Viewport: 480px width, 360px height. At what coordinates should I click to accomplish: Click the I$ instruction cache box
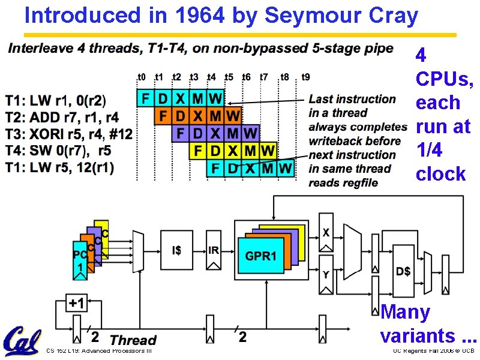[x=176, y=250]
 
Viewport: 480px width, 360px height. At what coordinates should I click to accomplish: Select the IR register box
[x=214, y=250]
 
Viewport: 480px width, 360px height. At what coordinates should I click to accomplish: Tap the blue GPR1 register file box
[x=261, y=256]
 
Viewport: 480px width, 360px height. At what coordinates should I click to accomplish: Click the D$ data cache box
[x=403, y=271]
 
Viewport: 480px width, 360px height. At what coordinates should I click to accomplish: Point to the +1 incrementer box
[x=76, y=304]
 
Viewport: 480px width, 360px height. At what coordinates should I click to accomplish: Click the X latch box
[x=326, y=232]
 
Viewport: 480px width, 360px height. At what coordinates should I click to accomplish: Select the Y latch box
[x=326, y=275]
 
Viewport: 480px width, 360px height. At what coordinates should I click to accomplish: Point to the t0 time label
[x=142, y=77]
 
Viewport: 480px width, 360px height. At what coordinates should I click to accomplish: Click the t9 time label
[x=305, y=77]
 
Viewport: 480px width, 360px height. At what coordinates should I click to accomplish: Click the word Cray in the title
[x=394, y=16]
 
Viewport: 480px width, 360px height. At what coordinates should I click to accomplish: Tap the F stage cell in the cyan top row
[x=145, y=98]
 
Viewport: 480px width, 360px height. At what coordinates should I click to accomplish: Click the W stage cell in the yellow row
[x=268, y=150]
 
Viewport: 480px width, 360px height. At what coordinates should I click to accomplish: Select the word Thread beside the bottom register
[x=133, y=341]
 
